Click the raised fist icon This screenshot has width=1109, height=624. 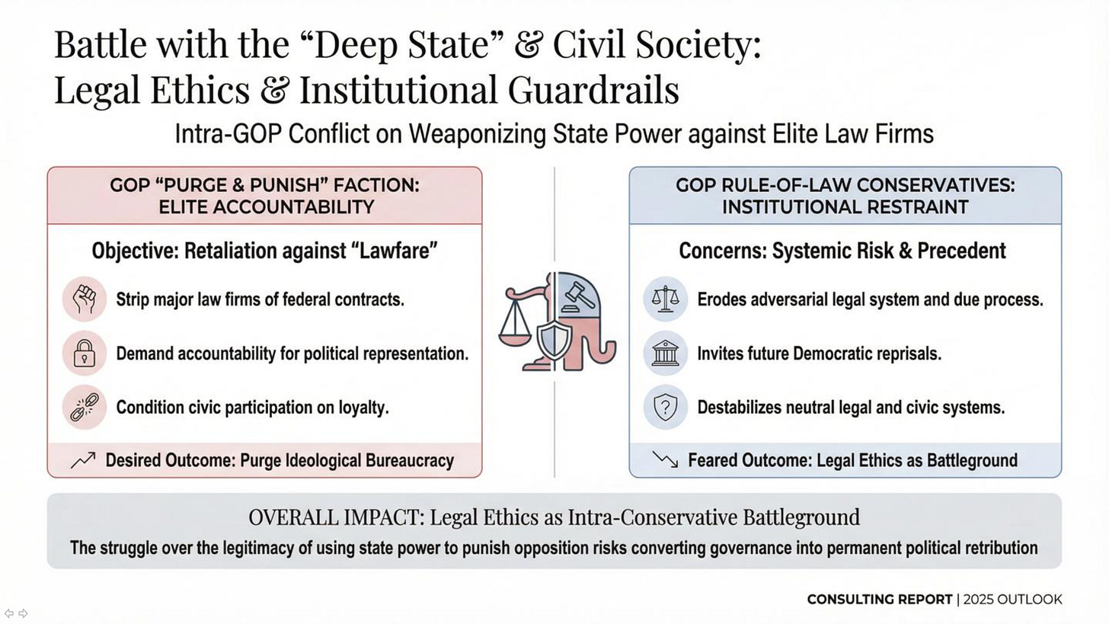(x=85, y=299)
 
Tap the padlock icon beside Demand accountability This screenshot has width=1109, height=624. (x=85, y=354)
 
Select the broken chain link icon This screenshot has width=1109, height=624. (x=85, y=407)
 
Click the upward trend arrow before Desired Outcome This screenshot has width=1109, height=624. (x=83, y=460)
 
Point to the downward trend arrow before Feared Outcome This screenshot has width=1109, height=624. (x=665, y=460)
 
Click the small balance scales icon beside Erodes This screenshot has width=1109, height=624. (x=666, y=299)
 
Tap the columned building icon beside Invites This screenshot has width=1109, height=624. (x=666, y=354)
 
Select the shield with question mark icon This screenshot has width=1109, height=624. (x=666, y=407)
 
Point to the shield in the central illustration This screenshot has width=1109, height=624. (x=554, y=340)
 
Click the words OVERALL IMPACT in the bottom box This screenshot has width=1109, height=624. (x=334, y=517)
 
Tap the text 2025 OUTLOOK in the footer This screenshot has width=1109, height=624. (x=1012, y=600)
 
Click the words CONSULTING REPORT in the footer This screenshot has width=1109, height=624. (x=879, y=600)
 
